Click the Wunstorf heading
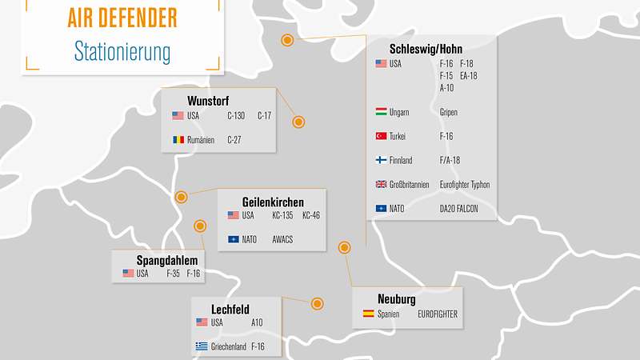click(x=210, y=101)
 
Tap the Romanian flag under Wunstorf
click(x=178, y=139)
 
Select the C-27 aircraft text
click(x=234, y=139)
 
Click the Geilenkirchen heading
click(x=273, y=202)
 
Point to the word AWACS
click(x=283, y=239)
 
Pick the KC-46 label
click(x=311, y=215)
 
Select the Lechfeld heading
click(x=230, y=309)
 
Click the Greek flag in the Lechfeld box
click(x=202, y=346)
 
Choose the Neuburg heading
click(x=397, y=300)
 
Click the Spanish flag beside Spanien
click(x=368, y=314)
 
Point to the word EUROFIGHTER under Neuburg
click(x=438, y=314)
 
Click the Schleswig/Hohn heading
click(x=426, y=49)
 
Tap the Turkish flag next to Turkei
click(x=382, y=136)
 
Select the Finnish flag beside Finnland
click(x=382, y=160)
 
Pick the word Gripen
click(x=449, y=112)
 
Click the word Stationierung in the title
click(x=122, y=52)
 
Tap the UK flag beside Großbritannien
click(x=382, y=184)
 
